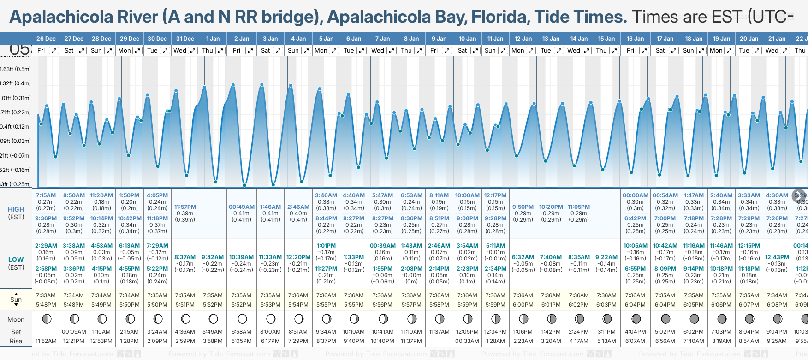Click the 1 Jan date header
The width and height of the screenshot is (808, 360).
point(213,39)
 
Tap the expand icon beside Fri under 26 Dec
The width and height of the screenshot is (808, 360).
point(54,51)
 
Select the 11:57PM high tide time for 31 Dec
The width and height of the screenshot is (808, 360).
point(185,207)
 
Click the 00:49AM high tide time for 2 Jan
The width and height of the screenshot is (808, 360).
point(242,207)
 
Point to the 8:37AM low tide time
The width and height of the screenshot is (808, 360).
point(185,257)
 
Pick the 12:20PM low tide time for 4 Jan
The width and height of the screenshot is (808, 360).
point(298,257)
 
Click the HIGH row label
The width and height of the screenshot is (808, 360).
point(16,209)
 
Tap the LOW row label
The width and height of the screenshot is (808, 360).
point(16,260)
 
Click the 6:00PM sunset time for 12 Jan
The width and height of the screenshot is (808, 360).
point(523,305)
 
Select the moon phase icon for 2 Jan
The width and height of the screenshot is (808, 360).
point(242,319)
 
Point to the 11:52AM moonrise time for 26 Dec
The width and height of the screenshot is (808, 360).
point(46,341)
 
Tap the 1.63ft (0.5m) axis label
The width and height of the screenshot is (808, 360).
point(15,69)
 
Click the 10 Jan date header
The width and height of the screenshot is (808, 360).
point(467,39)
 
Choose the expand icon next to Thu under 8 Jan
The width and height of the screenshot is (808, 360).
point(419,51)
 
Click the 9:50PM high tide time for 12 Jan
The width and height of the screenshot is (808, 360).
point(523,207)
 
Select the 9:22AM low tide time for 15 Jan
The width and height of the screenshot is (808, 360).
point(606,257)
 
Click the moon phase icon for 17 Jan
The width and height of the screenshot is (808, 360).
point(665,319)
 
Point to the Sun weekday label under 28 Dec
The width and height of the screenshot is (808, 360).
point(96,51)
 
